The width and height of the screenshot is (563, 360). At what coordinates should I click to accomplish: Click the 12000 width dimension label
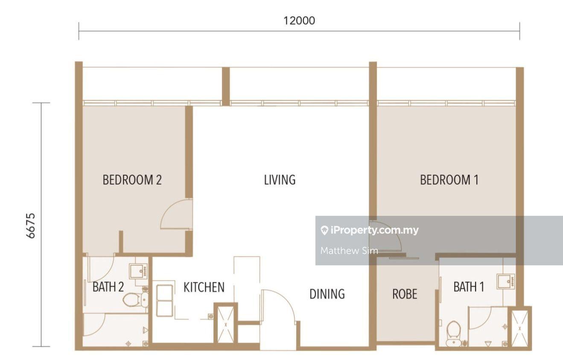[x=299, y=20]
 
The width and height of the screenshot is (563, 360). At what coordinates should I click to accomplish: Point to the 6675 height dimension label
[x=31, y=226]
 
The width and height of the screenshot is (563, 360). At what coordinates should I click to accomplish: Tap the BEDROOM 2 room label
[x=132, y=180]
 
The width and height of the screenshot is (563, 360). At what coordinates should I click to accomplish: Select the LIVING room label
[x=280, y=180]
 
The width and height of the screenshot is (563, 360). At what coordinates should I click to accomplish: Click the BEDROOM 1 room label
[x=449, y=180]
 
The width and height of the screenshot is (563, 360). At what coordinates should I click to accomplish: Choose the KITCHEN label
[x=204, y=287]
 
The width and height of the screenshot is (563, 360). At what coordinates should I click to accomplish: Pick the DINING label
[x=327, y=294]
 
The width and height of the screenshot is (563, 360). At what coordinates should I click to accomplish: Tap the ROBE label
[x=405, y=294]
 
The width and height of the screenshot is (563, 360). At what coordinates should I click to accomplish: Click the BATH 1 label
[x=469, y=287]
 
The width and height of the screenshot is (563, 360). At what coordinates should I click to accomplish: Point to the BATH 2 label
[x=108, y=287]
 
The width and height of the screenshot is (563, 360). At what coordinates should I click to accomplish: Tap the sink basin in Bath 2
[x=138, y=271]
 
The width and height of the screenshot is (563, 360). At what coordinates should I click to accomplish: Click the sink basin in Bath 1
[x=506, y=281]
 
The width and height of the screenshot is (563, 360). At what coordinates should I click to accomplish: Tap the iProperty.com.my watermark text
[x=370, y=230]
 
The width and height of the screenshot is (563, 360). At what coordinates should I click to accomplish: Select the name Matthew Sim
[x=349, y=250]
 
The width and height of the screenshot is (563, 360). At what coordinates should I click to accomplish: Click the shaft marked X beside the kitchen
[x=225, y=325]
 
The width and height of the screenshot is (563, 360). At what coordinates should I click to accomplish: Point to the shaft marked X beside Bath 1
[x=519, y=328]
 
